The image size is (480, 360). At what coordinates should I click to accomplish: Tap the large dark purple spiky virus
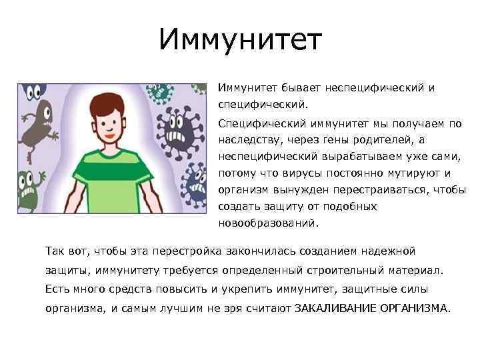coord(175,130)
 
